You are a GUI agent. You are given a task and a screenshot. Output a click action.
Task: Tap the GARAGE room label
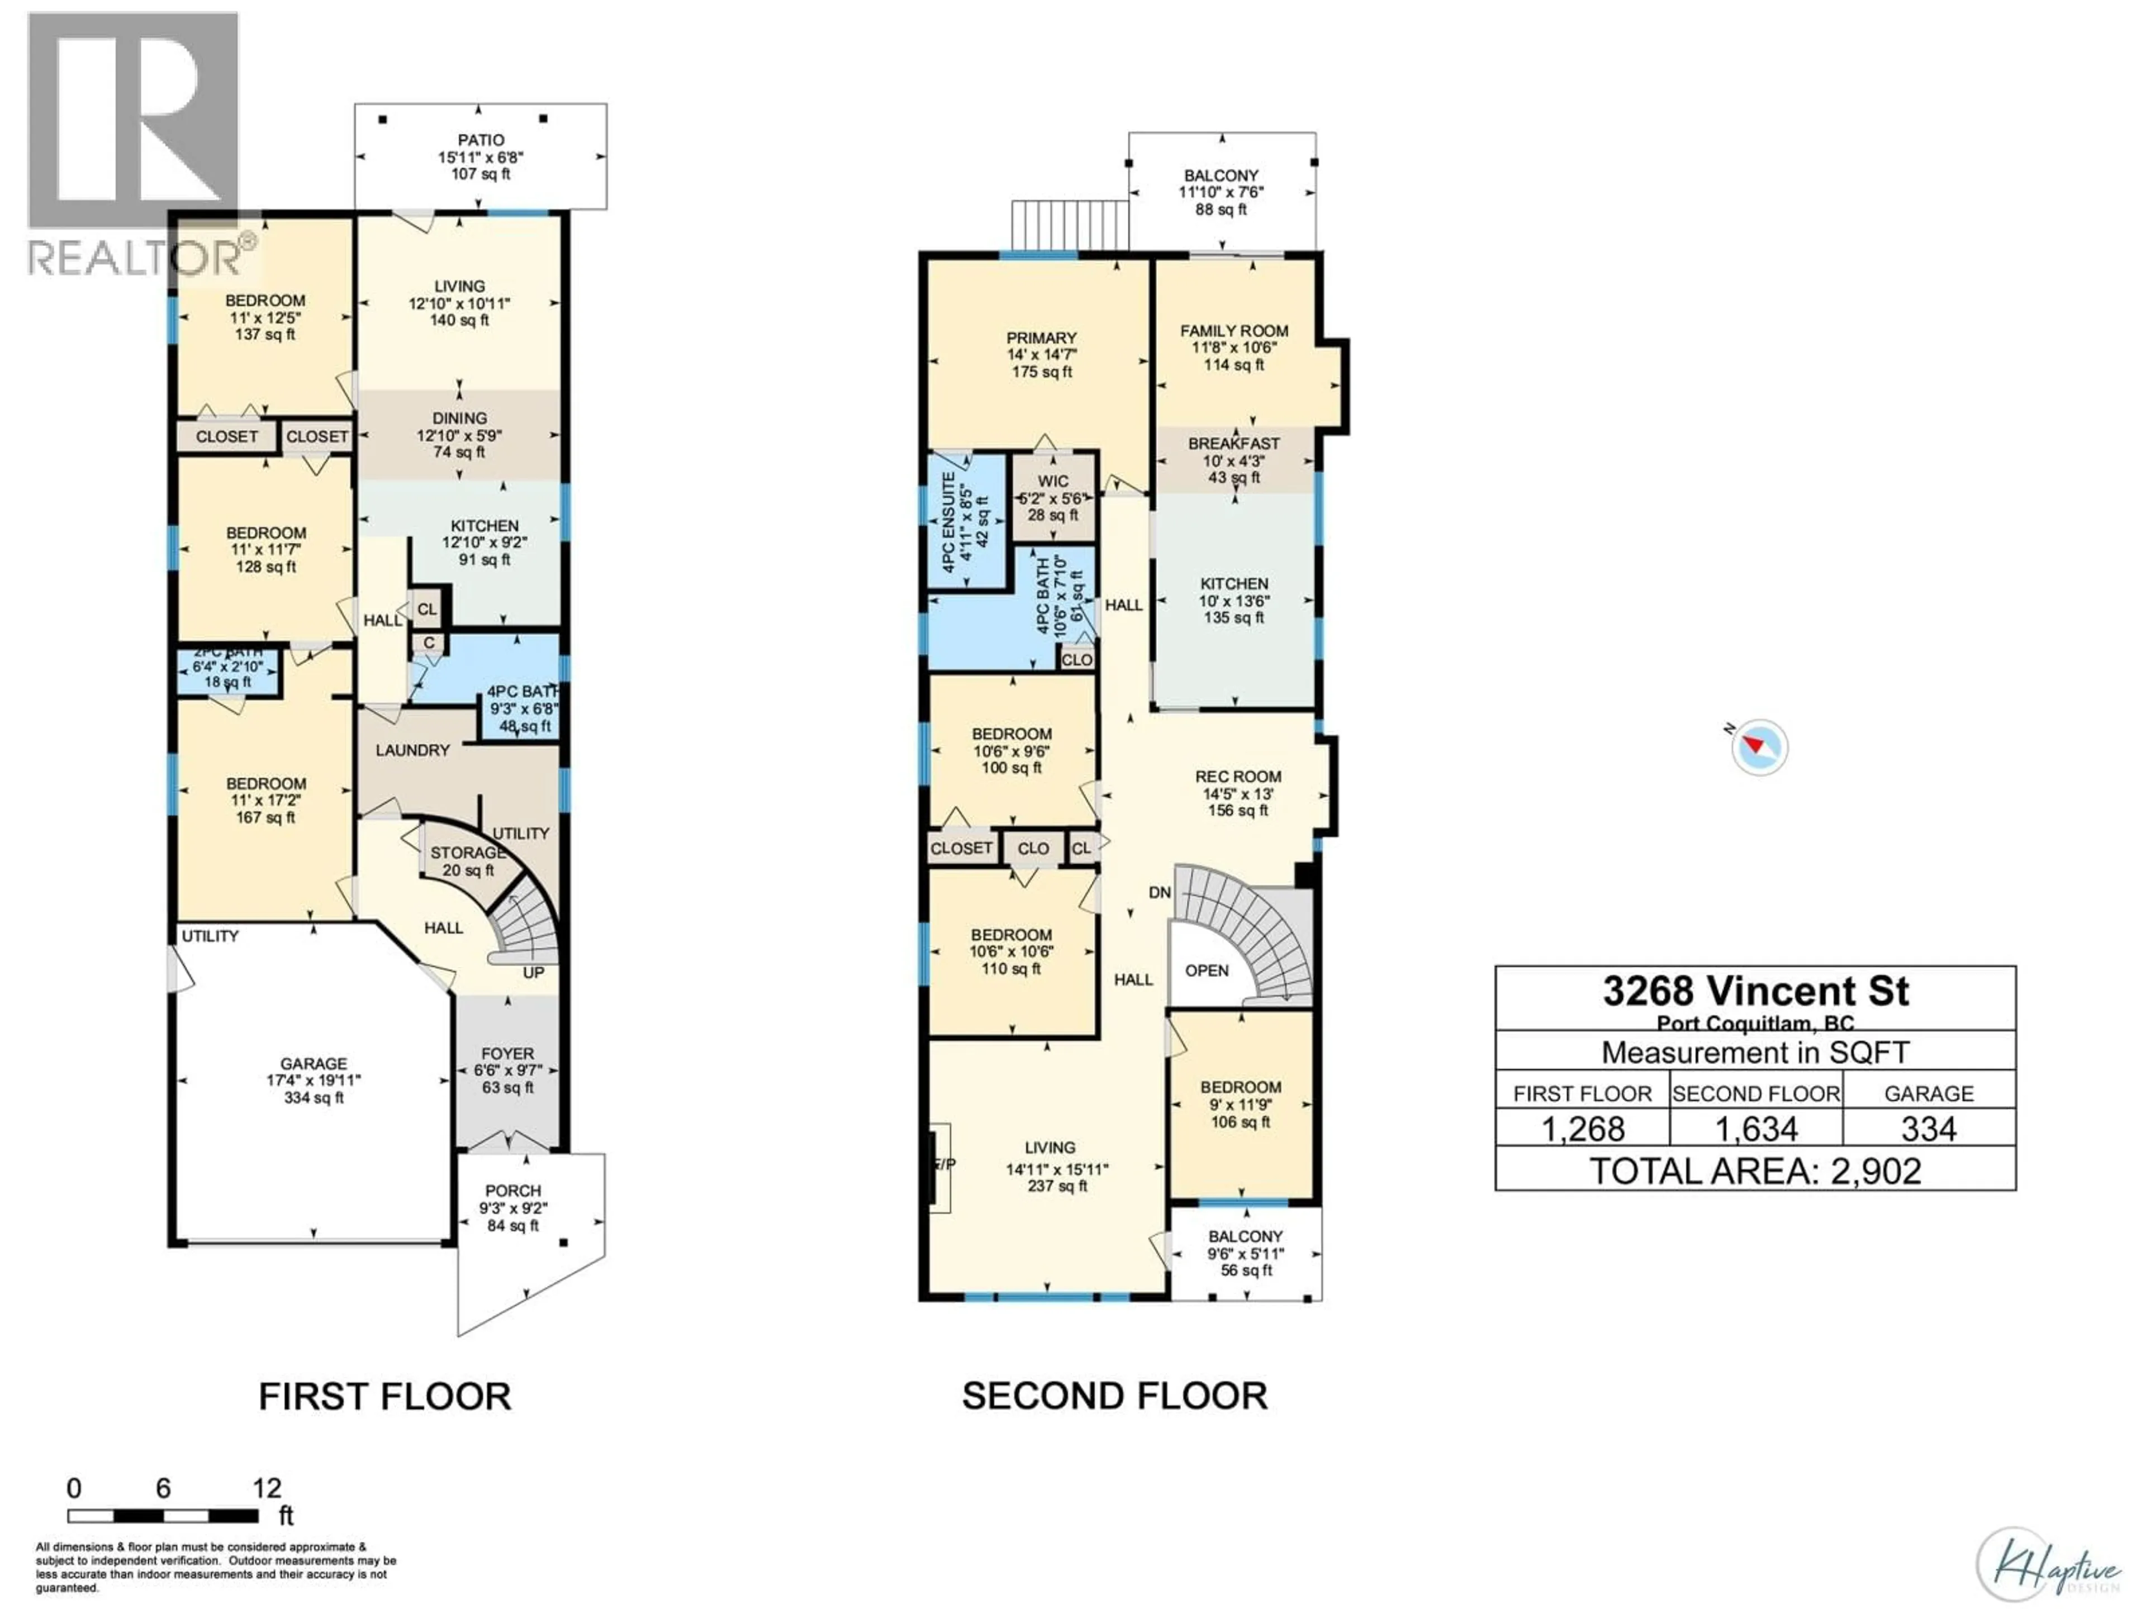point(314,1064)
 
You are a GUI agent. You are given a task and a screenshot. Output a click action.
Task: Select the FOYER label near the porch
point(507,1053)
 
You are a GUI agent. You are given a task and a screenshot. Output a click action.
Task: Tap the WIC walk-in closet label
point(1053,481)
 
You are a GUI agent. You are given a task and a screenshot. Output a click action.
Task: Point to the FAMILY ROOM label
point(1234,331)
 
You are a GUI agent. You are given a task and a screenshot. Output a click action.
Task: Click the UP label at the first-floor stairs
point(534,973)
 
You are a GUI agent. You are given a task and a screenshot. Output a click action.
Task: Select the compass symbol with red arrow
point(1758,747)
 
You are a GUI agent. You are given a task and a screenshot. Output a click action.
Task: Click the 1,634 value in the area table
point(1756,1129)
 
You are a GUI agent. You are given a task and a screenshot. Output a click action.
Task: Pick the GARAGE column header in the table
point(1929,1094)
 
